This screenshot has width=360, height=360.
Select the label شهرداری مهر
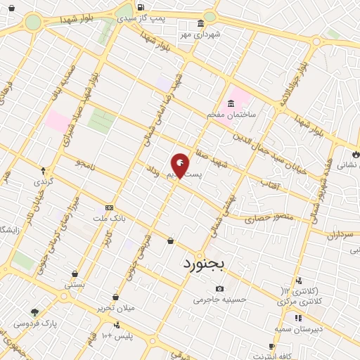[200, 34]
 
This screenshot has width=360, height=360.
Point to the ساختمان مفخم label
[231, 114]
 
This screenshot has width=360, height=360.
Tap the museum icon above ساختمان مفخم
[231, 104]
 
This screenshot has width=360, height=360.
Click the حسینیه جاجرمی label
[221, 300]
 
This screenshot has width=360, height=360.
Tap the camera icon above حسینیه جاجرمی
[221, 289]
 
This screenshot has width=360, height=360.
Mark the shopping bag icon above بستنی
[75, 274]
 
